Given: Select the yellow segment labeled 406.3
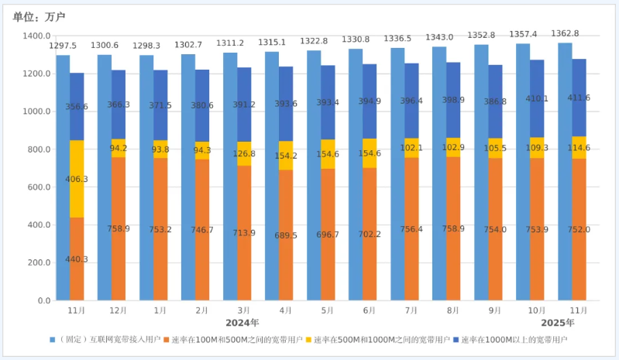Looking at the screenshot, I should click(77, 179).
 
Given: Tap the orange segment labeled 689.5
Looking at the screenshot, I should click(286, 235).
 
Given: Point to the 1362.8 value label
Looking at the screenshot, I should click(565, 34).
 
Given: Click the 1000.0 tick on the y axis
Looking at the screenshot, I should click(36, 111).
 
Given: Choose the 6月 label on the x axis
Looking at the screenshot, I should click(369, 310).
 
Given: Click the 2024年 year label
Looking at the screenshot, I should click(242, 322).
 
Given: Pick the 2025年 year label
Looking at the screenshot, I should click(557, 322).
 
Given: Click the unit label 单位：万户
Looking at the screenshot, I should click(39, 17).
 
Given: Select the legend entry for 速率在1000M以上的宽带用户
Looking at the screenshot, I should click(513, 340).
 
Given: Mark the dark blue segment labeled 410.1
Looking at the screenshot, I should click(537, 98).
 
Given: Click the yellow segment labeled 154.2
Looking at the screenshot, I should click(286, 156).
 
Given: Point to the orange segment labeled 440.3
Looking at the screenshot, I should click(77, 259).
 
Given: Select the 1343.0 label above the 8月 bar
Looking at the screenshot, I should click(439, 37).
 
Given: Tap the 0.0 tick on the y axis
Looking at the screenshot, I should click(43, 300).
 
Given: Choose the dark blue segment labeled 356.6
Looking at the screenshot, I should click(77, 107).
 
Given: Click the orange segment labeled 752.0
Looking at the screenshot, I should click(579, 229).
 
